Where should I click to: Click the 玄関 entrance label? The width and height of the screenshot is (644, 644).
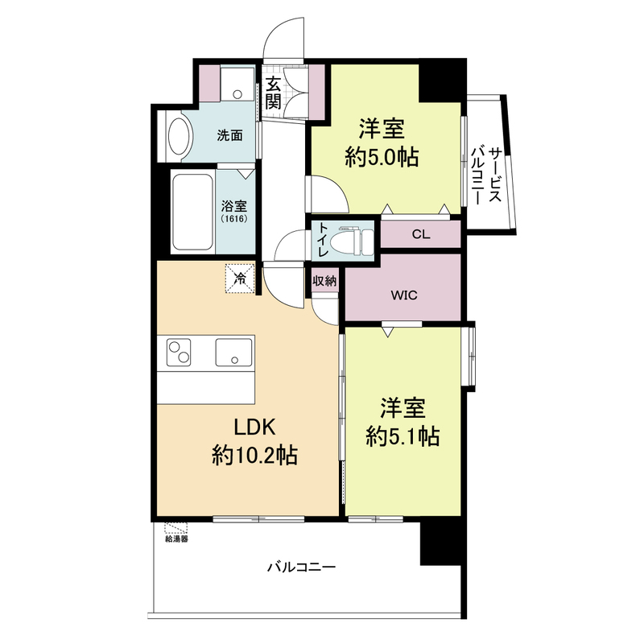click(x=273, y=93)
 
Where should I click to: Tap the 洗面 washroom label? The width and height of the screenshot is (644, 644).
click(x=230, y=135)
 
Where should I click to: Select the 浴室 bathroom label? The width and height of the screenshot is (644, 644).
click(x=234, y=206)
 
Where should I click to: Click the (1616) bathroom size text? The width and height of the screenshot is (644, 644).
click(x=234, y=219)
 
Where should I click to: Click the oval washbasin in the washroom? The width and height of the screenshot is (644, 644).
click(x=180, y=137)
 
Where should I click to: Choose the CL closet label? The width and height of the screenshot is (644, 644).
click(x=421, y=234)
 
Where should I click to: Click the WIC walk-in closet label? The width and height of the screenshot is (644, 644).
click(x=404, y=295)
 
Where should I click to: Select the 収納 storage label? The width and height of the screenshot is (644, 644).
click(x=325, y=281)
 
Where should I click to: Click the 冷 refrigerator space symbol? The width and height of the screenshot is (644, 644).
click(x=240, y=279)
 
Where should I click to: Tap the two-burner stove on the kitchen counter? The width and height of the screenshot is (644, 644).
click(x=179, y=352)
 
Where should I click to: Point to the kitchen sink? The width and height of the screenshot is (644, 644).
click(x=233, y=352)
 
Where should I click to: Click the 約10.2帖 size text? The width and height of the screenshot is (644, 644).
click(x=254, y=455)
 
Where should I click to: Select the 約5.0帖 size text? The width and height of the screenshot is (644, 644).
click(x=382, y=156)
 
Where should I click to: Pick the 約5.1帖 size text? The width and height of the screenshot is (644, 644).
click(x=403, y=436)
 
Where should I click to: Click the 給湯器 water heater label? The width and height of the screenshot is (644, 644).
click(x=176, y=539)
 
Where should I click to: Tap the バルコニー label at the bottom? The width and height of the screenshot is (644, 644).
click(x=302, y=568)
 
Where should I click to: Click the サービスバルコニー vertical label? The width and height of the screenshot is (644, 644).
click(x=486, y=175)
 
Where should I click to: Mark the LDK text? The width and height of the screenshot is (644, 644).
click(x=254, y=427)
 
